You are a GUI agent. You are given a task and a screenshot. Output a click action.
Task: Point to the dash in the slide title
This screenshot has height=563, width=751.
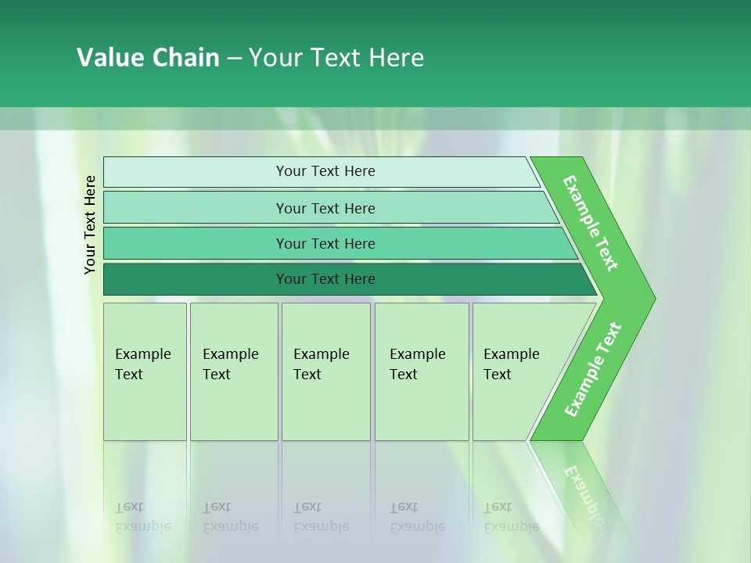coord(234,59)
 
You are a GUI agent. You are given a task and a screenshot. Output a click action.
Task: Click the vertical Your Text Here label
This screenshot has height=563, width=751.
coord(90,224)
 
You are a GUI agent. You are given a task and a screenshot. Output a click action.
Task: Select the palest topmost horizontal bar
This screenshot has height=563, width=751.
coord(321,172)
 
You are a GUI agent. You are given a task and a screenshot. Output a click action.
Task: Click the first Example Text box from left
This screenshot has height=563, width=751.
coord(145,371)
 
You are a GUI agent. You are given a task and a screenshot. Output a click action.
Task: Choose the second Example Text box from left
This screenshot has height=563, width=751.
coord(234,371)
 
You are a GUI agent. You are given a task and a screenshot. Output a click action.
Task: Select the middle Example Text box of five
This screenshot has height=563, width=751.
coord(325,371)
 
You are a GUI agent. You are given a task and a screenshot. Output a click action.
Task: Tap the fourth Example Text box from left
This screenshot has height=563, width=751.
coord(422,371)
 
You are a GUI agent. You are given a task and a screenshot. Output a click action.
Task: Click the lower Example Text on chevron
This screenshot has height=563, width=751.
coord(592,370)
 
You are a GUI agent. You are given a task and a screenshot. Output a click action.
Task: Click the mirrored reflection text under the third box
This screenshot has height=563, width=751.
coord(321,518)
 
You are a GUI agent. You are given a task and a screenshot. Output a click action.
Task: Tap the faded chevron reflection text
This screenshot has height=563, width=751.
coord(583,493)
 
